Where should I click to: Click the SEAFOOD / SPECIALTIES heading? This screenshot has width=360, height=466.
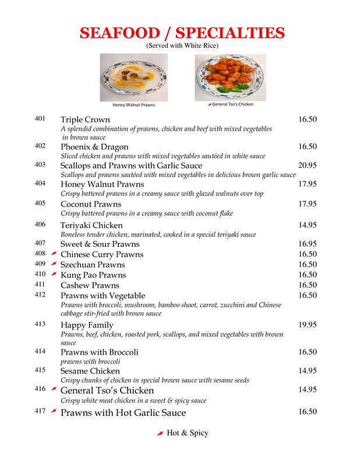tap(182, 33)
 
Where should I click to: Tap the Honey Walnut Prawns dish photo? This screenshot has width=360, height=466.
tap(134, 77)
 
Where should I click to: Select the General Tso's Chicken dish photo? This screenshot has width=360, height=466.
tap(231, 77)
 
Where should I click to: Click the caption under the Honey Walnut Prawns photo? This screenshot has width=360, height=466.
tap(134, 105)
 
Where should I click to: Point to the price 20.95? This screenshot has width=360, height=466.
tap(308, 165)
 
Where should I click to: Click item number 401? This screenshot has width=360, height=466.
tap(40, 119)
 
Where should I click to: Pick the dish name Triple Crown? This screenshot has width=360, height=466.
tap(85, 119)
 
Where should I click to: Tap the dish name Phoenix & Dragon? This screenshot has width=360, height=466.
tap(94, 147)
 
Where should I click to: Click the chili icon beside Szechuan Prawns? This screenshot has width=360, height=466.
tap(54, 264)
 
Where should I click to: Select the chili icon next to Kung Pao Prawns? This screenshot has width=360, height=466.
tap(54, 274)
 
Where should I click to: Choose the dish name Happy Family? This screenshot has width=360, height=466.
tap(87, 325)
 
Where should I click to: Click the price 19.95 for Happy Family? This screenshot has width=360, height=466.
tap(308, 324)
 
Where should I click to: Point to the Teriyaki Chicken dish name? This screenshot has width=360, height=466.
tap(91, 225)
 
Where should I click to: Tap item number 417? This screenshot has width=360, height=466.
tap(40, 411)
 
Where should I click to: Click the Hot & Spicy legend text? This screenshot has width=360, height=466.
tap(187, 433)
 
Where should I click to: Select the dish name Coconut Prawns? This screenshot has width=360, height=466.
tap(91, 204)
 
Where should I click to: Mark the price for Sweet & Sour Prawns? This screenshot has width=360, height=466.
tap(308, 244)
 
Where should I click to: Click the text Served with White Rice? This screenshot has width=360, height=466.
tap(182, 45)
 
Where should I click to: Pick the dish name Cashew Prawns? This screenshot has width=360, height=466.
tap(90, 285)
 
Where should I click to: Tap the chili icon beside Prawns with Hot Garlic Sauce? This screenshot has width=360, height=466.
tap(54, 411)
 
